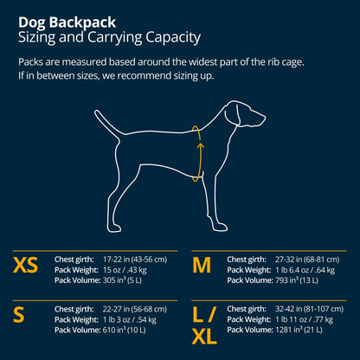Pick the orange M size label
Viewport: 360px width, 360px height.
(201, 265)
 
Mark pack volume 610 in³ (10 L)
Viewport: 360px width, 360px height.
(130, 329)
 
